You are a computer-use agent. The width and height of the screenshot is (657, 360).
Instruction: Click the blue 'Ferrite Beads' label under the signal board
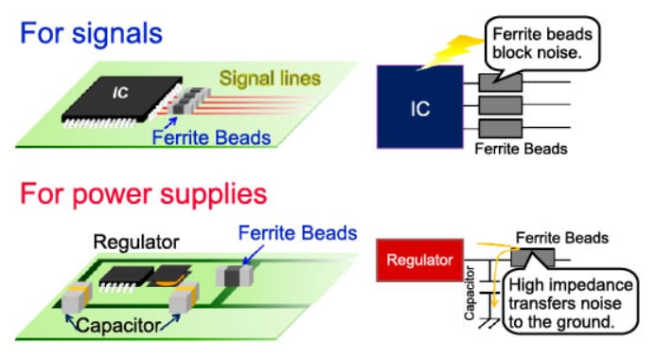(x=210, y=137)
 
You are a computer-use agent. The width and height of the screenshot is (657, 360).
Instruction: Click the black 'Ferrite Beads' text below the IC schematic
(x=520, y=149)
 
